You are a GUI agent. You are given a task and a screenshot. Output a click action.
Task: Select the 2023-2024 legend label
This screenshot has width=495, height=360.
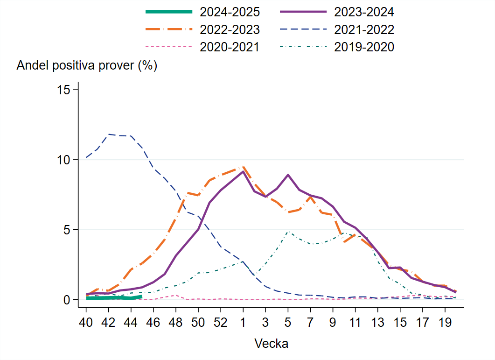364,11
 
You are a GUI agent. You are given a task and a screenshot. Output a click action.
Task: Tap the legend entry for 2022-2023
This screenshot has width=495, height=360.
230,29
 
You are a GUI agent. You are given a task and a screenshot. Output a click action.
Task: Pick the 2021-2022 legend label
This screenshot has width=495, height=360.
364,29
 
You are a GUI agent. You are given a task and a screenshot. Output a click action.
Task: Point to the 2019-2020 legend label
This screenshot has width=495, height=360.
364,47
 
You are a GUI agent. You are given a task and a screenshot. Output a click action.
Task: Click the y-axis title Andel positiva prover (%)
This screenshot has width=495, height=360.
87,66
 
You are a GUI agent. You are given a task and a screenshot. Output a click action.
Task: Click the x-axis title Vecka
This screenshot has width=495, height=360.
271,344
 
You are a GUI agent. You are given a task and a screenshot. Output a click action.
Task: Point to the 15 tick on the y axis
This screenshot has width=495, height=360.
64,90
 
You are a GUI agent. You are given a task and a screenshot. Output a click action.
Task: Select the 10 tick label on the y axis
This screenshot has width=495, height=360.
64,160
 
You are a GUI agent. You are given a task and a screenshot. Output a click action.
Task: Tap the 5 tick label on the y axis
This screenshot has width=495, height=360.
67,230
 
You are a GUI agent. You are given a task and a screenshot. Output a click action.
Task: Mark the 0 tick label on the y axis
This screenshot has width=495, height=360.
67,299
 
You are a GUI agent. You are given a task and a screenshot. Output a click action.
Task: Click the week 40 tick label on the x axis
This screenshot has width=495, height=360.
86,323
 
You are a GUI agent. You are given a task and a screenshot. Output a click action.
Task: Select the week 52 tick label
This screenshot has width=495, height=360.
221,323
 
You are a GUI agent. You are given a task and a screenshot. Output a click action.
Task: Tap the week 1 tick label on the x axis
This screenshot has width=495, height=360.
243,323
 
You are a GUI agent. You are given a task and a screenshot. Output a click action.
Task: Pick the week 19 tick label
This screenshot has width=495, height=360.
445,323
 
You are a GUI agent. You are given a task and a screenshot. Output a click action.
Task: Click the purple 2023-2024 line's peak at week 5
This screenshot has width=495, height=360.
288,175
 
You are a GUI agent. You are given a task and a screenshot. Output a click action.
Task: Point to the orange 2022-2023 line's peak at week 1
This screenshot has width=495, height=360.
243,166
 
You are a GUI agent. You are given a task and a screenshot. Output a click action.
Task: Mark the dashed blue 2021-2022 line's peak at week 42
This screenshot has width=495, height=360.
109,134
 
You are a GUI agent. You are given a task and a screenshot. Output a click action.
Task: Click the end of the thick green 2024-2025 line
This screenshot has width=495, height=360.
141,296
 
